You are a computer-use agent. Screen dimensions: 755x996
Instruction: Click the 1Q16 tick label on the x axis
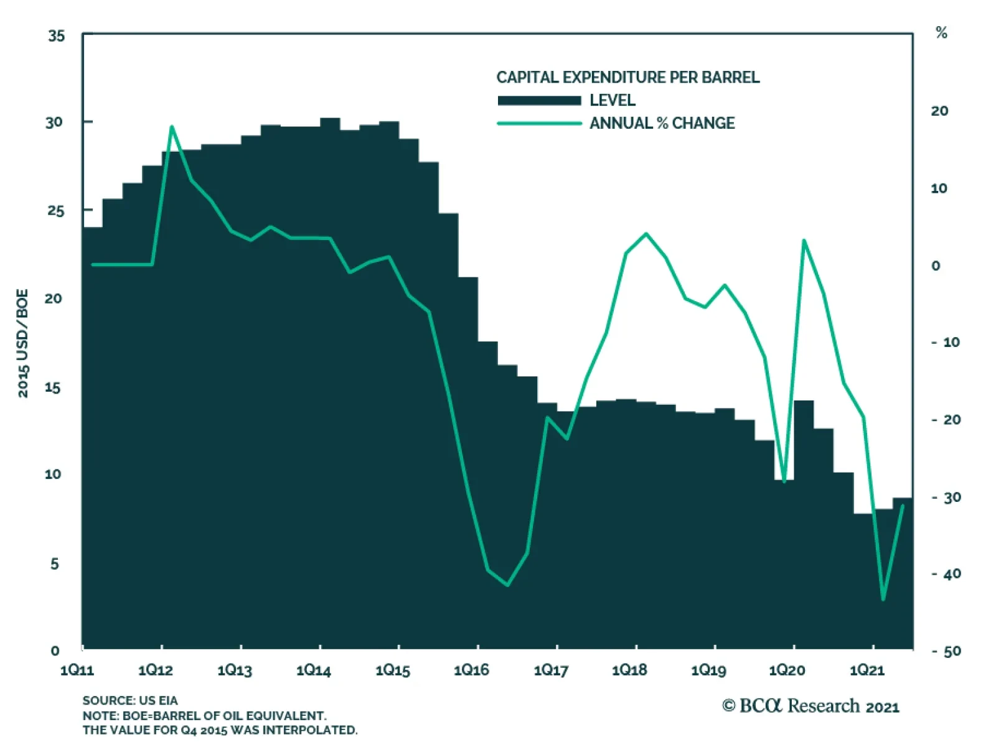point(471,670)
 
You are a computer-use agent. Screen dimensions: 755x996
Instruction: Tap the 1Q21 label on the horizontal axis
point(867,670)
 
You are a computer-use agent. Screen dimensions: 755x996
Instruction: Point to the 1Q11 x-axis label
point(77,670)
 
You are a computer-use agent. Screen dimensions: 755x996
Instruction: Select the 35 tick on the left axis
point(56,36)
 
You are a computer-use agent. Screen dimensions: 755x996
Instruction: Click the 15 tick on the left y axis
point(54,387)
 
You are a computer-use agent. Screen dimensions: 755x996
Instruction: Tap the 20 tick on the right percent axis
point(939,111)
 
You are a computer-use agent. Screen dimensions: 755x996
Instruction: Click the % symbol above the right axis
point(941,33)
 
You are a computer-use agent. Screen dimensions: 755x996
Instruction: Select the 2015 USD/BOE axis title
point(23,343)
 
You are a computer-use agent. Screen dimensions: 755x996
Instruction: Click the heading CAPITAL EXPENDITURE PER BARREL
point(627,78)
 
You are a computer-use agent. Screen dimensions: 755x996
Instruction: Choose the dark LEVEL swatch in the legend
point(539,101)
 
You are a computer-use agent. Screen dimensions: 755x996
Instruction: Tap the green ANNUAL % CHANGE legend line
point(539,124)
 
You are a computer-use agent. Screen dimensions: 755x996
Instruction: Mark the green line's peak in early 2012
point(172,127)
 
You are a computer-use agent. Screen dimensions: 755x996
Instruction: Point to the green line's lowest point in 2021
point(883,599)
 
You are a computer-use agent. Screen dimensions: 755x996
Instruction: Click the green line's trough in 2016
point(508,585)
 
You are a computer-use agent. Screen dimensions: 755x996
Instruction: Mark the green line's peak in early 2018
point(646,234)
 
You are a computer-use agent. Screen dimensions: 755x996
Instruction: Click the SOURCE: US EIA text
point(130,701)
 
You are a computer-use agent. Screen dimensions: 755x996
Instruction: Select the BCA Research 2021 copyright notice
point(810,706)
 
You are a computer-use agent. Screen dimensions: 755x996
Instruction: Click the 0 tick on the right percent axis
point(936,266)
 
